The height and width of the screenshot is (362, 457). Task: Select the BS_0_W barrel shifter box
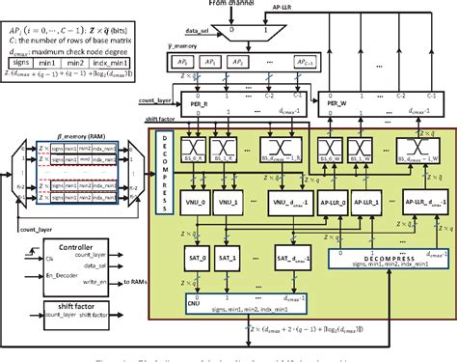pos(338,148)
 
